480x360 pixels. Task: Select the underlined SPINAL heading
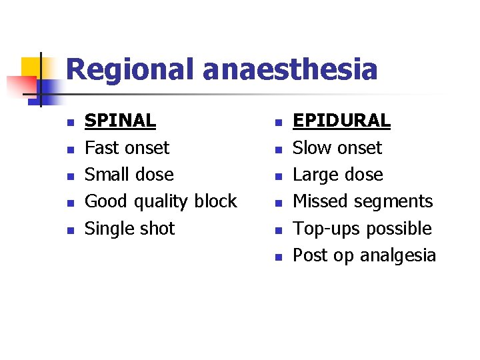click(x=120, y=121)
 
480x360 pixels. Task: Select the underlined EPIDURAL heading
click(x=341, y=121)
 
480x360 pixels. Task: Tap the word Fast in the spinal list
click(x=100, y=147)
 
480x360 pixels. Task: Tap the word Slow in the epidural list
click(x=311, y=147)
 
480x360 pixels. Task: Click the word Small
click(x=105, y=175)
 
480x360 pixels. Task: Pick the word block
click(x=215, y=201)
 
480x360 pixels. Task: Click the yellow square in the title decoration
click(x=31, y=67)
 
